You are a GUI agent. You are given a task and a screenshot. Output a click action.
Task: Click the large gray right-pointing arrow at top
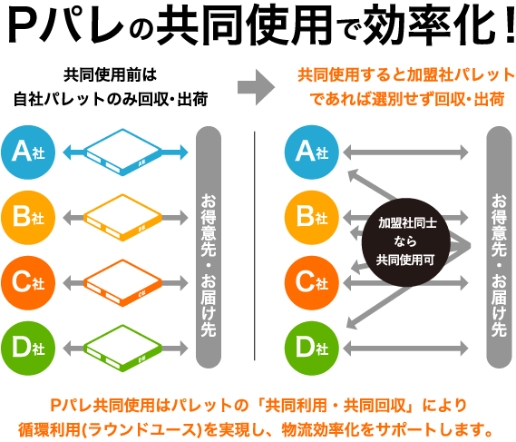point(255,87)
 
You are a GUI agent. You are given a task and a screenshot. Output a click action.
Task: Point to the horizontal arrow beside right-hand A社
point(405,152)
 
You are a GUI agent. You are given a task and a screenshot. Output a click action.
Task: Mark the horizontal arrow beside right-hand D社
point(405,348)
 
